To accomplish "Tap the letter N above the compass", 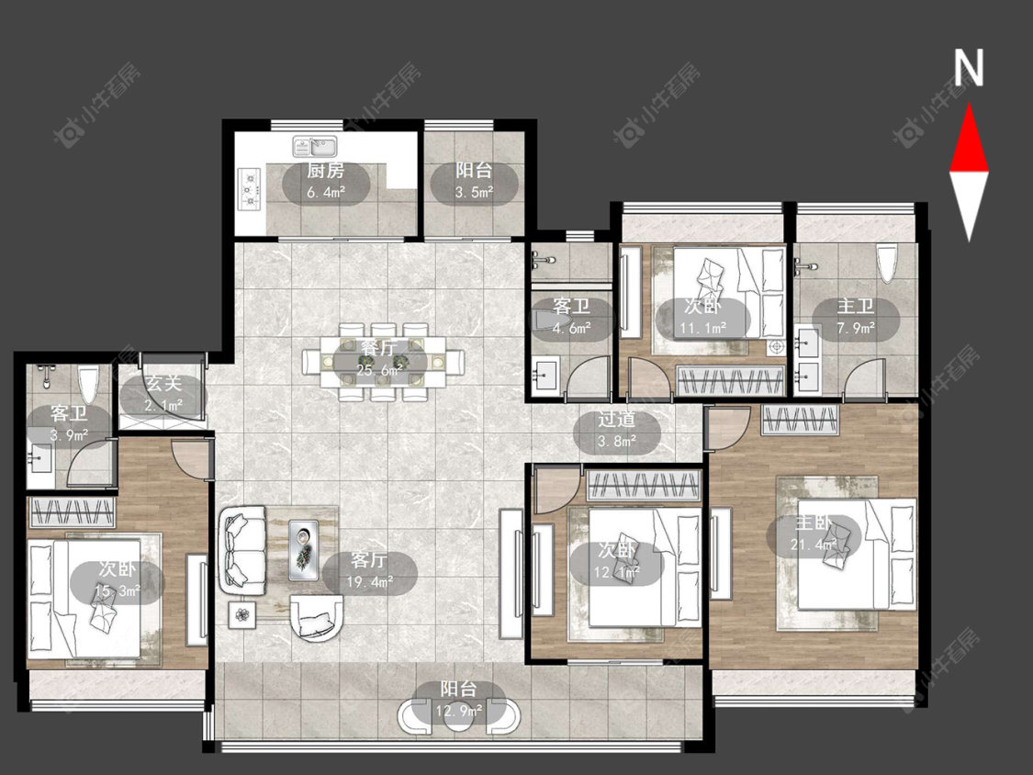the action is pyautogui.click(x=969, y=68).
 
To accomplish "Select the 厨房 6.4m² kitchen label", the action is pyautogui.click(x=326, y=181).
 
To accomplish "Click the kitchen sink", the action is pyautogui.click(x=315, y=146).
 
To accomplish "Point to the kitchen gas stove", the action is pyautogui.click(x=250, y=188).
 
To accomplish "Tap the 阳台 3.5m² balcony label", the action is pyautogui.click(x=474, y=181).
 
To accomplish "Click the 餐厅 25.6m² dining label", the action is pyautogui.click(x=380, y=359).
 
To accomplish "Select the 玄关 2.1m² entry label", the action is pyautogui.click(x=163, y=394).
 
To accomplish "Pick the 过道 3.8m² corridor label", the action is pyautogui.click(x=617, y=431).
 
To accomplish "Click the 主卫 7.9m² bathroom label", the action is pyautogui.click(x=856, y=316).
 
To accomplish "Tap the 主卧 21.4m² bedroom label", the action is pyautogui.click(x=814, y=534).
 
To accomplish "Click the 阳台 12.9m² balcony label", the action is pyautogui.click(x=459, y=701).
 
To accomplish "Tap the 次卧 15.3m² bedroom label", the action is pyautogui.click(x=117, y=580).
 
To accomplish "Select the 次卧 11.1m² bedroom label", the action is pyautogui.click(x=702, y=316).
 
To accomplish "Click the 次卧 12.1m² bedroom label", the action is pyautogui.click(x=617, y=561).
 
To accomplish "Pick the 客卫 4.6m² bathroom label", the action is pyautogui.click(x=571, y=317).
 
